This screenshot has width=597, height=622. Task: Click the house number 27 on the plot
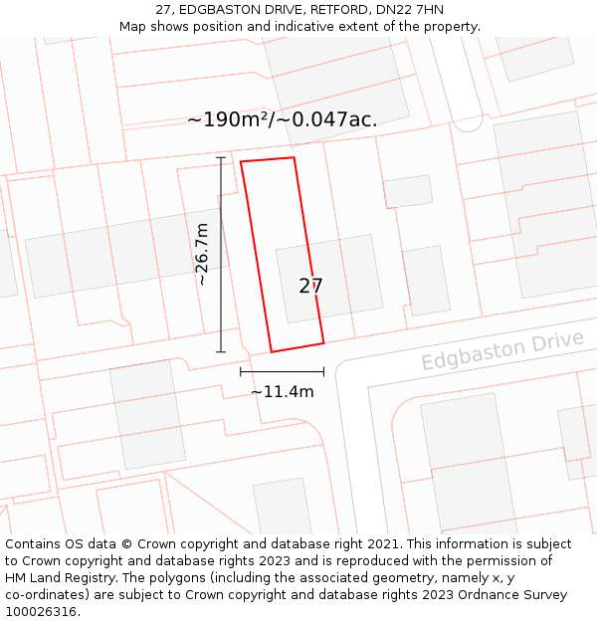click(310, 287)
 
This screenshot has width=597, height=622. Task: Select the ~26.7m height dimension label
click(202, 254)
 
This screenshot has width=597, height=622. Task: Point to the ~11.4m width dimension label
click(282, 392)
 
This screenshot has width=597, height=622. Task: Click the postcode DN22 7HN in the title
click(410, 10)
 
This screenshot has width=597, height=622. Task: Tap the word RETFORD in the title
click(330, 10)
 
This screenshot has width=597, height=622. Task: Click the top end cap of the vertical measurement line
click(221, 157)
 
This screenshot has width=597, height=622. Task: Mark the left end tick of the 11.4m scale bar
click(241, 372)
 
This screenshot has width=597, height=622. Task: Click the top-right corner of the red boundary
click(294, 157)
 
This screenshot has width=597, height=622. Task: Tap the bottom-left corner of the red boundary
click(272, 352)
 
